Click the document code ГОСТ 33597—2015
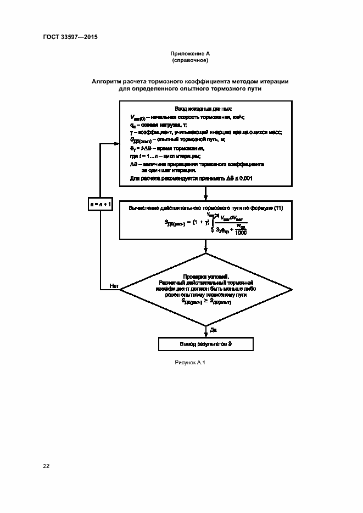(69, 37)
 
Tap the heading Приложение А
(189, 53)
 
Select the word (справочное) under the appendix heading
(189, 60)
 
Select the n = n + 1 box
(101, 205)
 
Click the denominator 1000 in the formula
(239, 233)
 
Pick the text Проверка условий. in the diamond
(205, 277)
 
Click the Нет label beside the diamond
(114, 286)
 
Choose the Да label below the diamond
(213, 329)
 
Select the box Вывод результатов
(206, 344)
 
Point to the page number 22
(46, 466)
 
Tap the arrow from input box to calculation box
(205, 194)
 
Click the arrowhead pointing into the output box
(205, 334)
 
